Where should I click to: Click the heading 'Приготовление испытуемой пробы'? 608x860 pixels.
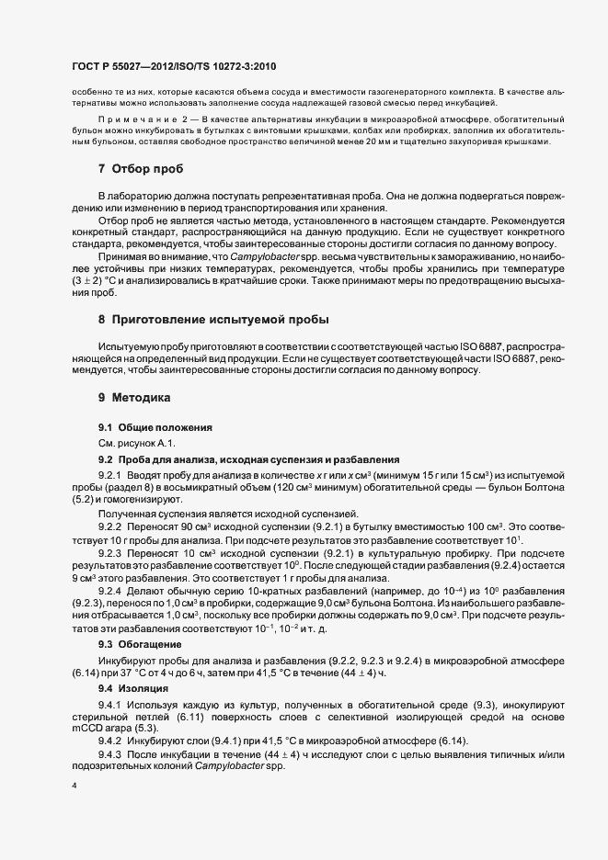click(x=220, y=321)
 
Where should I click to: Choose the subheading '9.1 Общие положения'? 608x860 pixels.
click(x=155, y=428)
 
